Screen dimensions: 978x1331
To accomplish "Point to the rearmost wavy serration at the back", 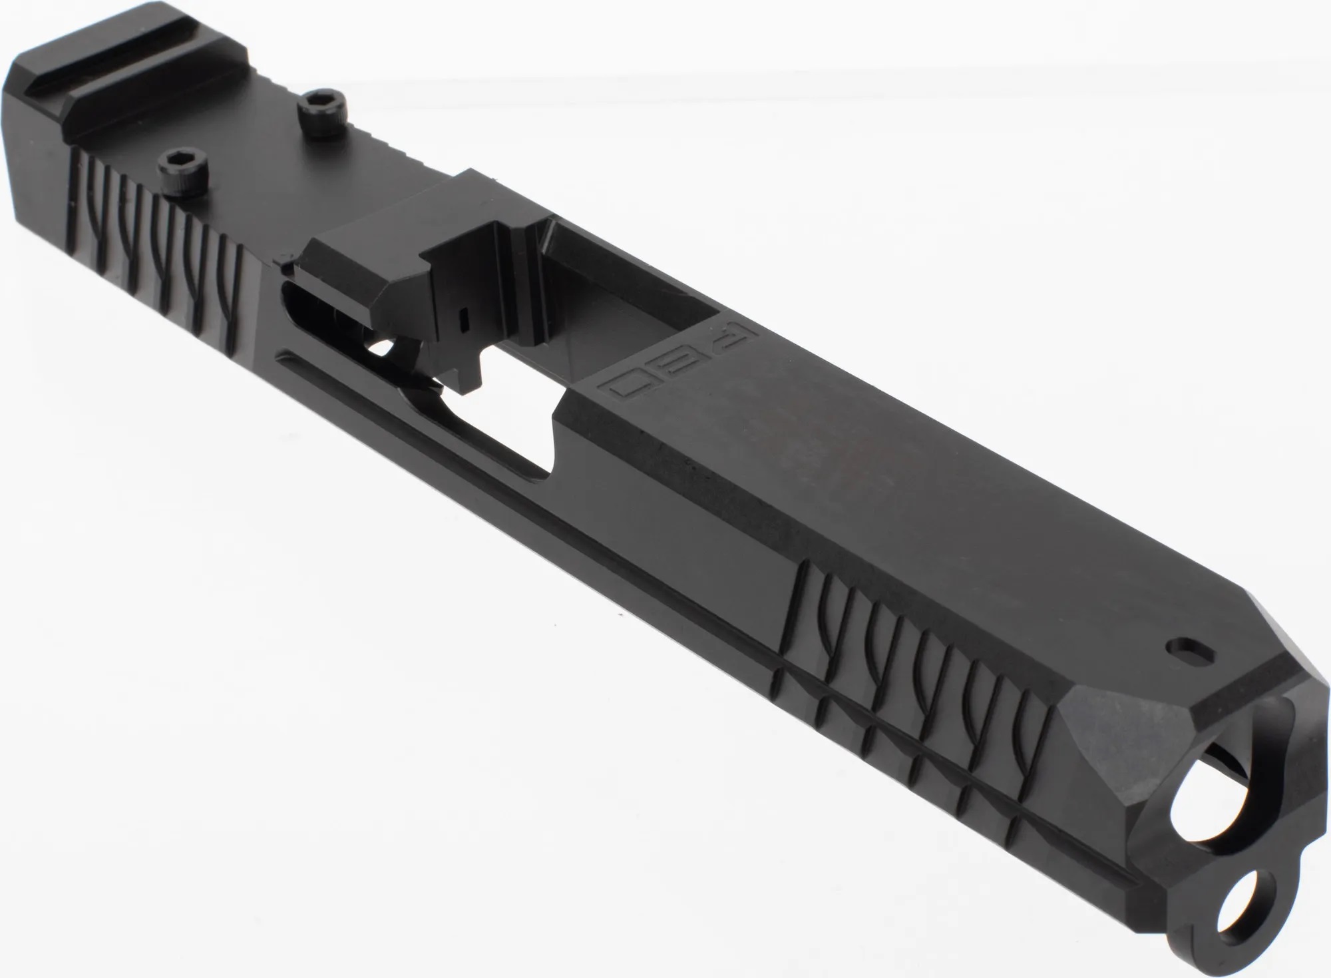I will point(80,200).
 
